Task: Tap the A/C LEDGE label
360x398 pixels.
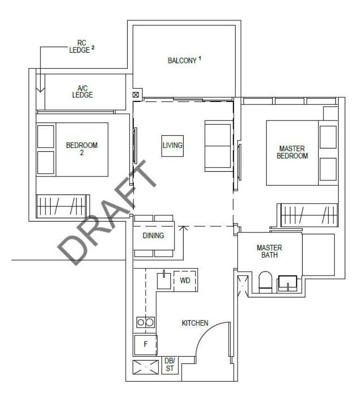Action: point(83,92)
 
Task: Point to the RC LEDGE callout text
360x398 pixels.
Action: point(82,46)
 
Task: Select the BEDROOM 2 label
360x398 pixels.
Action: point(82,149)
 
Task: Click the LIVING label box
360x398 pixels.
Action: point(173,146)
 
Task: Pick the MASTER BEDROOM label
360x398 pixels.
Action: point(292,152)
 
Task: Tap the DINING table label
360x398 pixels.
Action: point(153,236)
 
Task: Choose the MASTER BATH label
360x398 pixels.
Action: point(269,251)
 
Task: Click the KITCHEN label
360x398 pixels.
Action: point(195,323)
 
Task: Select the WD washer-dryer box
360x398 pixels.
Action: point(185,281)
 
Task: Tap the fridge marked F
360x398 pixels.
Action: point(146,345)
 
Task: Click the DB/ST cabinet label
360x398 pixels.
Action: point(170,364)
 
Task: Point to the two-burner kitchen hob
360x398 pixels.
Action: point(146,323)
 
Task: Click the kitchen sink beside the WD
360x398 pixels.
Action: point(164,280)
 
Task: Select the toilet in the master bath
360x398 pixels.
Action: point(265,282)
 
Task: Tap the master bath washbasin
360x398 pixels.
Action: point(287,283)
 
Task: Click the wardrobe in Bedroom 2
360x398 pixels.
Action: point(63,206)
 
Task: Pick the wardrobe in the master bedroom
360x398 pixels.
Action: point(308,215)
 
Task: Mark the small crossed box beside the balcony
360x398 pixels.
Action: point(136,95)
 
